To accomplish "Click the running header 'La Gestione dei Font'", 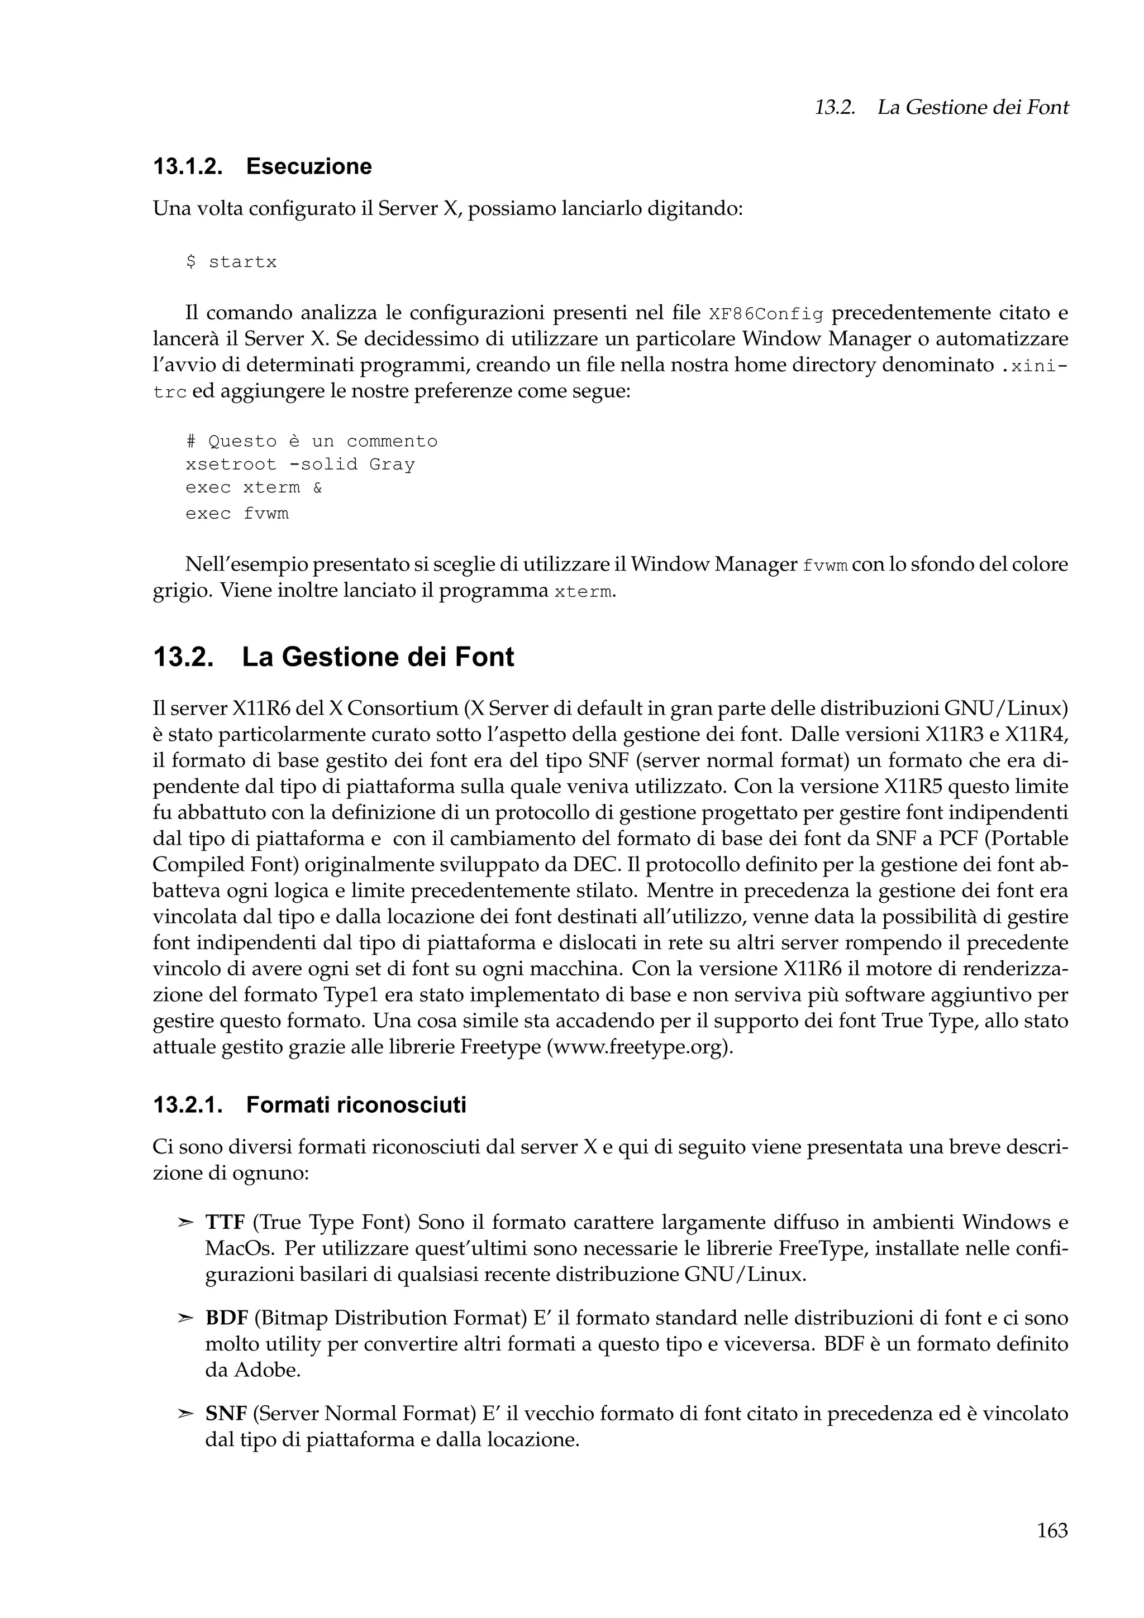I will pos(972,108).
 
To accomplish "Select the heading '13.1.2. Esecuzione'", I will pos(262,166).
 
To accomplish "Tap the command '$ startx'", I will pos(231,262).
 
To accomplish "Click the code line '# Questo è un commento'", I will pos(312,442).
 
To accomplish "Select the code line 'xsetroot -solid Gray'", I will pos(301,465).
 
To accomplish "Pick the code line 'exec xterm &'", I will pos(254,487).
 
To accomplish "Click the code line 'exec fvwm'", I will pos(237,514).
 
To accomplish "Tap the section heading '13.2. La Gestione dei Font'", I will pos(333,657).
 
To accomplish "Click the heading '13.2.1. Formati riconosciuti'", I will pos(309,1105).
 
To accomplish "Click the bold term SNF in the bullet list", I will pos(226,1414).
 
